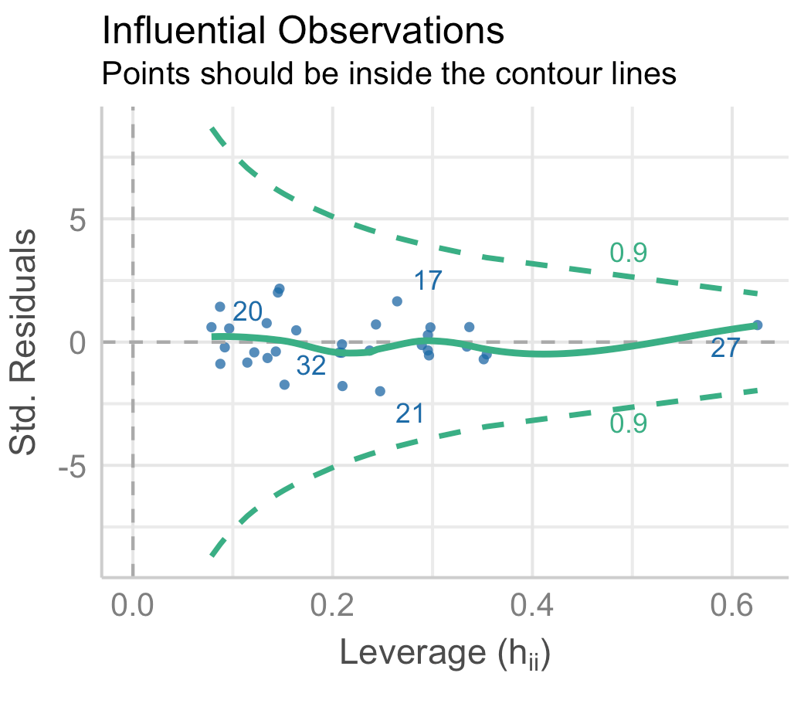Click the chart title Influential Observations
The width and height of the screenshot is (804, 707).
coord(303,32)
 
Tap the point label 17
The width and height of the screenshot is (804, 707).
coord(428,280)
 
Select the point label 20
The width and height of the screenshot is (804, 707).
coord(248,311)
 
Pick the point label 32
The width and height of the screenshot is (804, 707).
coord(311,367)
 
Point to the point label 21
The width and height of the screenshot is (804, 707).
coord(409,415)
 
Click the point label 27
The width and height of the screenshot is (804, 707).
coord(725,349)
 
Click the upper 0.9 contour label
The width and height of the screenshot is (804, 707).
coord(628,253)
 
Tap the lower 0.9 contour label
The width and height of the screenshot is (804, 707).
coord(628,423)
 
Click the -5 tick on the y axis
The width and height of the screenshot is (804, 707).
coord(73,467)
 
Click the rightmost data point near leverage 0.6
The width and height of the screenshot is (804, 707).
coord(757,325)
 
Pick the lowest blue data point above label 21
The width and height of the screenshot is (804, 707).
coord(380,392)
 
